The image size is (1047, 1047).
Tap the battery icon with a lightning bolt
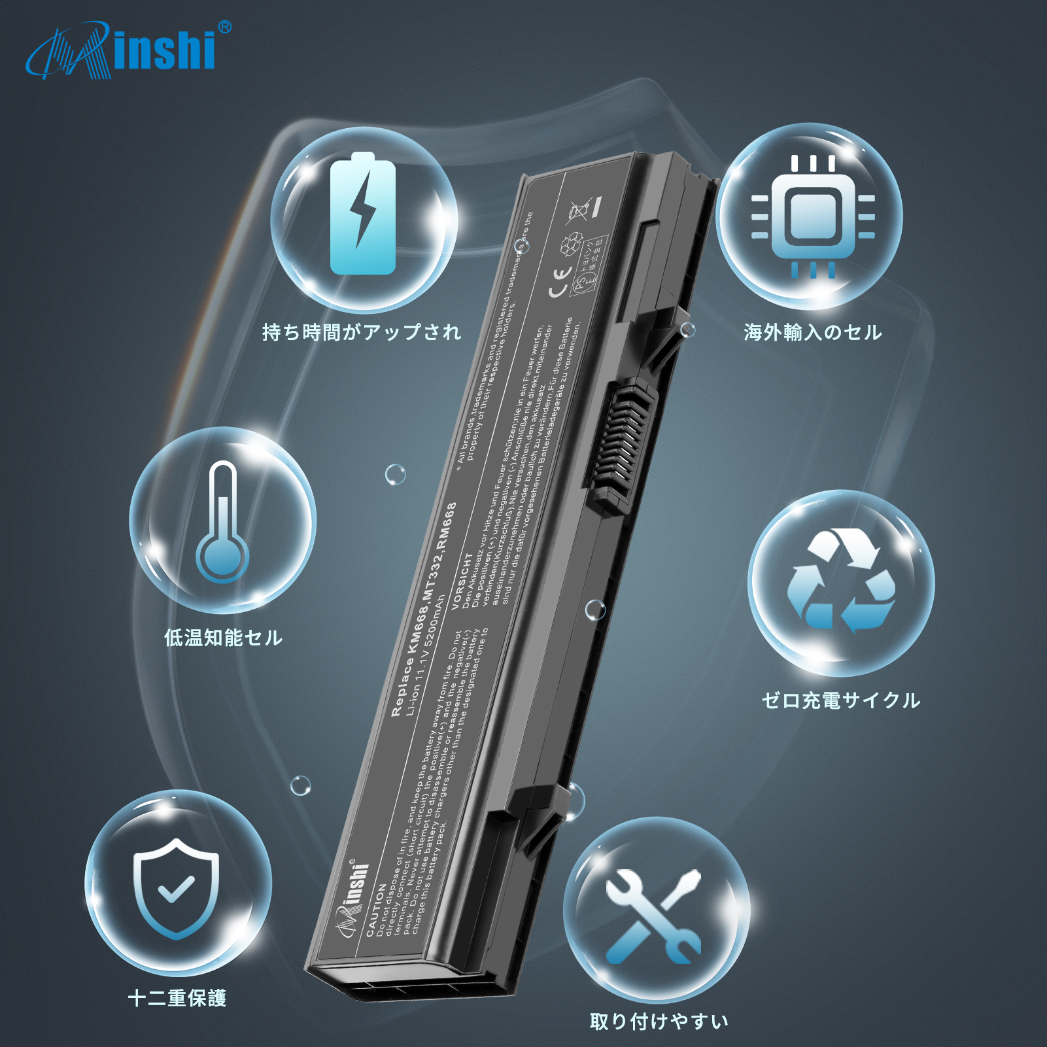click(363, 215)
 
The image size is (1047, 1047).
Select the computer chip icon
click(812, 216)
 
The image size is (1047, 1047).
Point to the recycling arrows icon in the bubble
click(841, 581)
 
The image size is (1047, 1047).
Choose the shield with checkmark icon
click(176, 887)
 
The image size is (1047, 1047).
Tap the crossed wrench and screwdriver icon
click(654, 916)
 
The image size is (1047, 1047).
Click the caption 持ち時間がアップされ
click(362, 332)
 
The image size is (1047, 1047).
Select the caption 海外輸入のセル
click(812, 332)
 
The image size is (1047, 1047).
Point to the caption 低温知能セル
click(223, 638)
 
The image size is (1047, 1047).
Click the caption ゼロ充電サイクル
click(841, 700)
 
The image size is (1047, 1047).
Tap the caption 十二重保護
click(177, 998)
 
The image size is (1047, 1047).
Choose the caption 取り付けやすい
click(659, 1021)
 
